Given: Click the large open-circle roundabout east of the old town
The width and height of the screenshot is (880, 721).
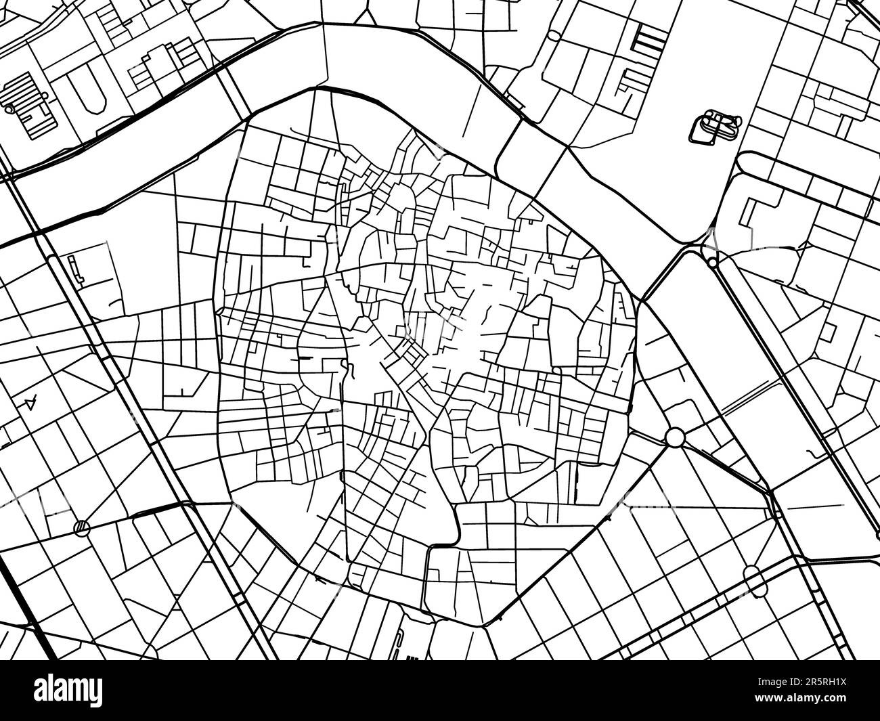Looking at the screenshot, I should click(675, 437).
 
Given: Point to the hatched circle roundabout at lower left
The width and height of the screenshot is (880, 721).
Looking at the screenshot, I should click(81, 525).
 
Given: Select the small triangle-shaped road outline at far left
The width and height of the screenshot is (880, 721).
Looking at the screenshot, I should click(30, 402).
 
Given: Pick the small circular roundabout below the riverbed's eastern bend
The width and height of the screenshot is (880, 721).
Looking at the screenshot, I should click(712, 262).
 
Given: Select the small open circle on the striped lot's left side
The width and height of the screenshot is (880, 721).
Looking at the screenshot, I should click(9, 107).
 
